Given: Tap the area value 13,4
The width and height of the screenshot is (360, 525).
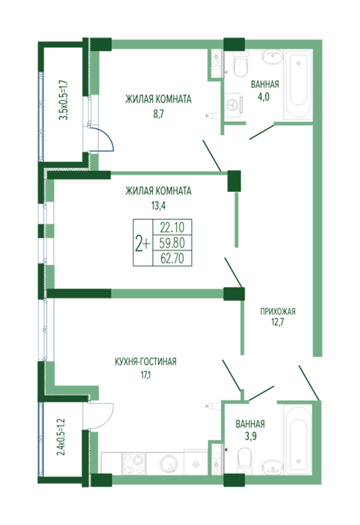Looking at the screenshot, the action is pyautogui.click(x=158, y=205).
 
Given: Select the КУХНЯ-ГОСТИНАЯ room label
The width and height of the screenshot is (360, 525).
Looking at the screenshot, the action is pyautogui.click(x=145, y=362).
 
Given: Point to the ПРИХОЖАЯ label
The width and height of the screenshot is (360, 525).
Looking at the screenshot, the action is pyautogui.click(x=278, y=311).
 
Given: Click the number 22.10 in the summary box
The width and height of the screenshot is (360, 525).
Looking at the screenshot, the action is pyautogui.click(x=172, y=227).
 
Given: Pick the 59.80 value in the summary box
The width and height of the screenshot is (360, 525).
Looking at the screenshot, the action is pyautogui.click(x=172, y=243).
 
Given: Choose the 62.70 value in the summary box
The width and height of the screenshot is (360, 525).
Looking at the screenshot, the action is pyautogui.click(x=172, y=258).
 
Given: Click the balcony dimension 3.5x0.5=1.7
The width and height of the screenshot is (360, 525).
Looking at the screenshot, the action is pyautogui.click(x=63, y=100).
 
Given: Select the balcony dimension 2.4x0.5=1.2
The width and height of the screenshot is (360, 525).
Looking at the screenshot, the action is pyautogui.click(x=61, y=437).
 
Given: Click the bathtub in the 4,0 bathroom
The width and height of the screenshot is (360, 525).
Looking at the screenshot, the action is pyautogui.click(x=298, y=84).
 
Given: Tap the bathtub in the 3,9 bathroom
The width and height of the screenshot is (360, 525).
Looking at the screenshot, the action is pyautogui.click(x=298, y=439).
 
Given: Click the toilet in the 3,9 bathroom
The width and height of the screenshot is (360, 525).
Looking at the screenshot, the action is pyautogui.click(x=244, y=461).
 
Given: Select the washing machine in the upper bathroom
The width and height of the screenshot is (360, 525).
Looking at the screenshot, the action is pyautogui.click(x=232, y=104).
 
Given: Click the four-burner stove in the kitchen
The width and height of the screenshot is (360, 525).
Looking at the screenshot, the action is pyautogui.click(x=133, y=463).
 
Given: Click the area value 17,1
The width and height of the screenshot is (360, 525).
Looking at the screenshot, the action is pyautogui.click(x=145, y=375).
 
